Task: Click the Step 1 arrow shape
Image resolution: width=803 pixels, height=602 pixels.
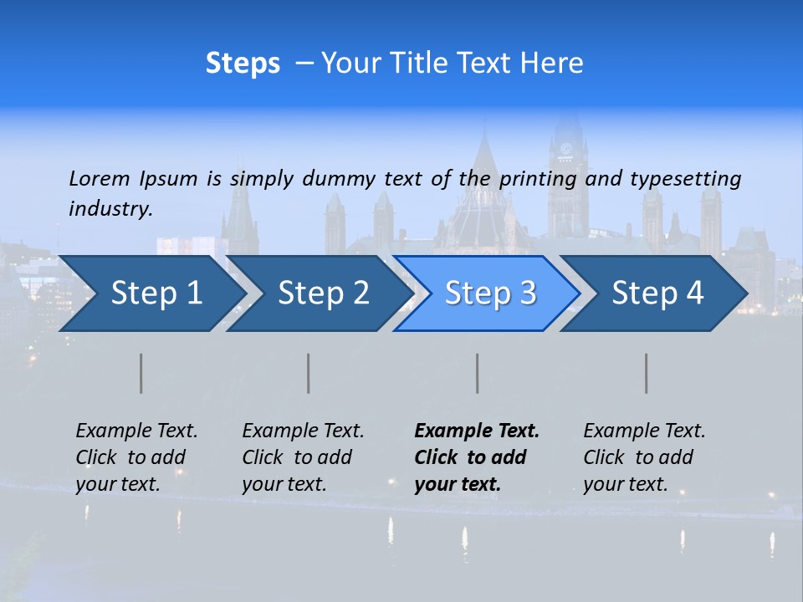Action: [x=151, y=293]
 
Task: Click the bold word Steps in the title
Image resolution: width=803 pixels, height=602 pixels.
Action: [x=243, y=64]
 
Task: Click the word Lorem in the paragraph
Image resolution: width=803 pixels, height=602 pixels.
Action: [x=100, y=178]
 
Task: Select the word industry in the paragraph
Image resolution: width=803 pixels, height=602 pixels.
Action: [x=110, y=209]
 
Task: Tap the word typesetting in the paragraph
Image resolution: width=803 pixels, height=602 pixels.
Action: [x=685, y=178]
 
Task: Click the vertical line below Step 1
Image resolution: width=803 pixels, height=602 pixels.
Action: [x=141, y=373]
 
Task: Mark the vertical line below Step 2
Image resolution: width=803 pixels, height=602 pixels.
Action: [x=309, y=373]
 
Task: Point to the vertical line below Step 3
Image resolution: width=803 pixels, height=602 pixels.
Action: [x=478, y=373]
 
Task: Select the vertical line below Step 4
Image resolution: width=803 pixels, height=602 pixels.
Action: [x=647, y=373]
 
